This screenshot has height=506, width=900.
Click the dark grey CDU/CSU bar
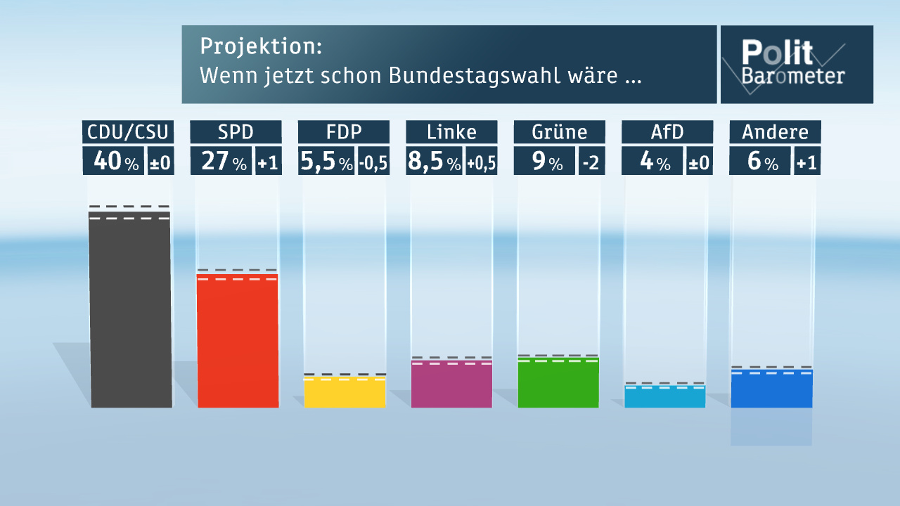131,309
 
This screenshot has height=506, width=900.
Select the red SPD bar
238,342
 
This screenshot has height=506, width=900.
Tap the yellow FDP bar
345,393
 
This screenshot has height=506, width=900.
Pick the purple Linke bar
451,384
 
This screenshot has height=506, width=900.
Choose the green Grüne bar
558,383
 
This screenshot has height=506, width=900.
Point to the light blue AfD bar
665,397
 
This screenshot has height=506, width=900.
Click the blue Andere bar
771,389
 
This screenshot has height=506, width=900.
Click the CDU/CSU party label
128,132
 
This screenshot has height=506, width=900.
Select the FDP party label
343,132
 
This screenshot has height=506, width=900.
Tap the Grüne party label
559,132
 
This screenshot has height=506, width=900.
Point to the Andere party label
775,132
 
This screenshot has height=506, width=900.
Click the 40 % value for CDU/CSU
114,162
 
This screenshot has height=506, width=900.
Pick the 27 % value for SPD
222,162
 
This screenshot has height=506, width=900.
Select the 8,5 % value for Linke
435,162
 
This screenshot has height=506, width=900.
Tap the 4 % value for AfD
652,162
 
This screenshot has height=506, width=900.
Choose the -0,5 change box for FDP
374,162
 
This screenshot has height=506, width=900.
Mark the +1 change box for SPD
268,162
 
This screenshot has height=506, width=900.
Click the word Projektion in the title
261,46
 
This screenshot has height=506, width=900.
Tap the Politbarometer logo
796,64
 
